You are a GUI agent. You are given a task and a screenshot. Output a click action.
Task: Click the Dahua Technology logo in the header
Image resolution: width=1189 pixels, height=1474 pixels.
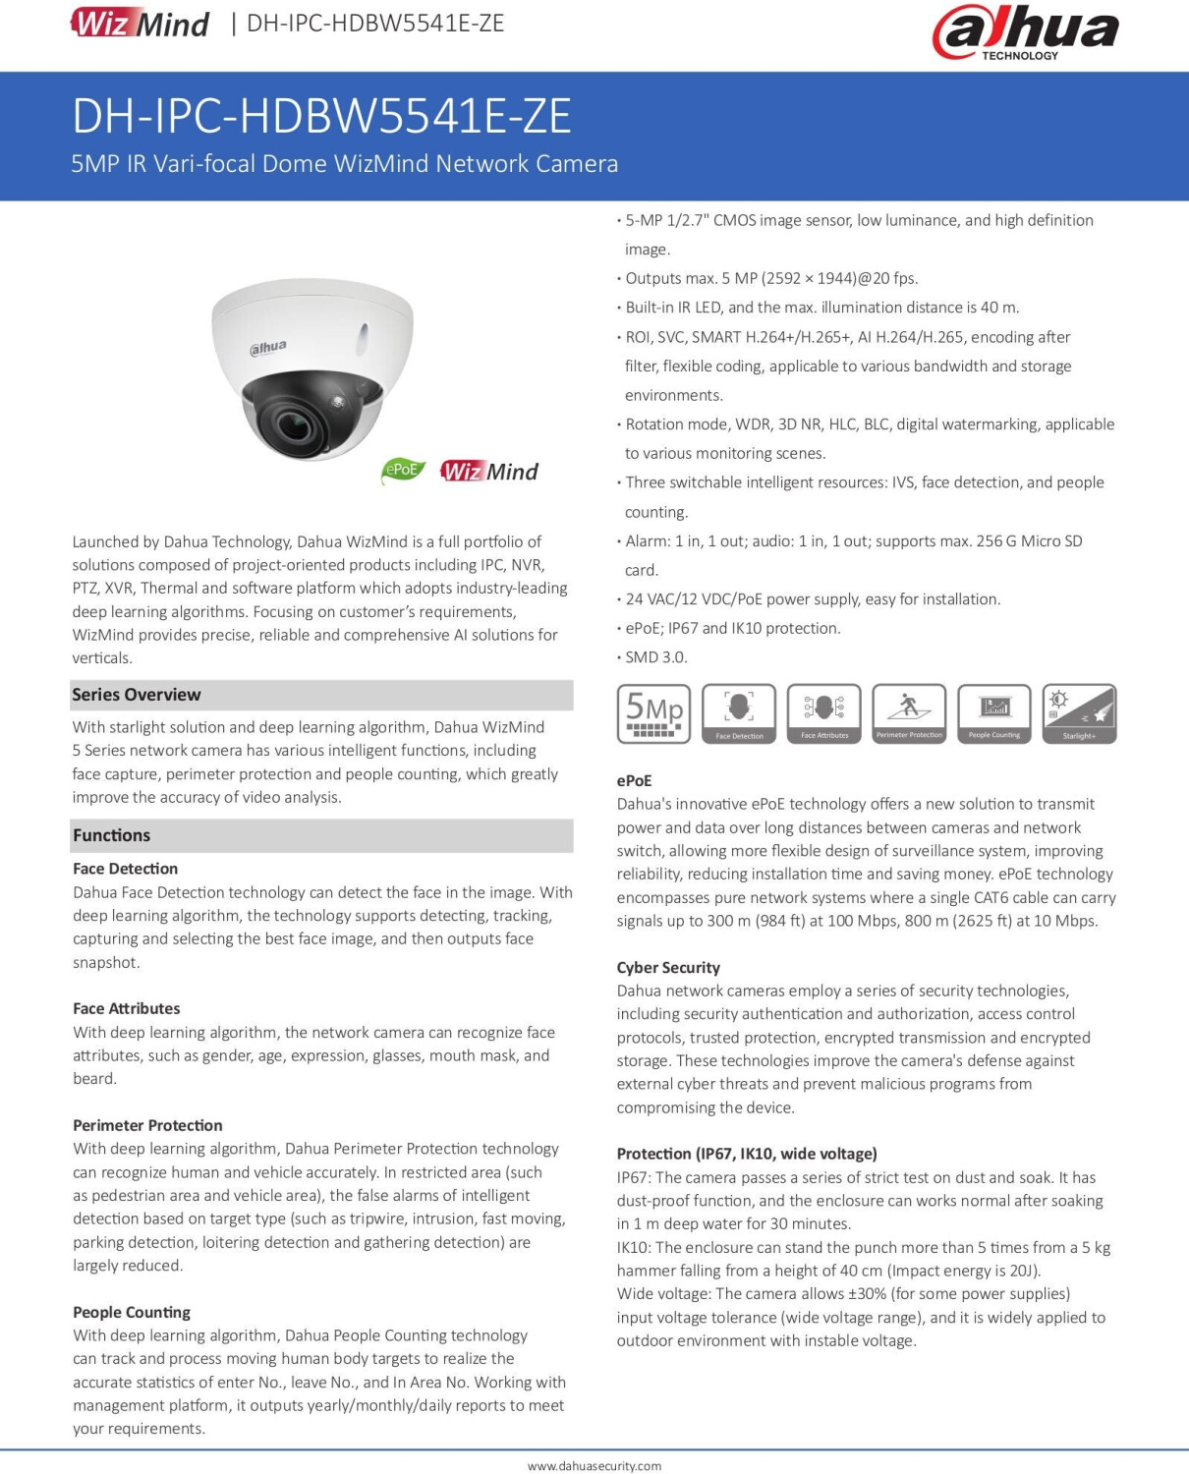[x=1024, y=31]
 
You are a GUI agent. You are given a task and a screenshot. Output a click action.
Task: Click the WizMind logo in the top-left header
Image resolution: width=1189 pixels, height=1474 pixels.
[x=140, y=23]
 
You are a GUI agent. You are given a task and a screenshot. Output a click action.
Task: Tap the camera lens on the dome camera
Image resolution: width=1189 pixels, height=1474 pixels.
[x=291, y=425]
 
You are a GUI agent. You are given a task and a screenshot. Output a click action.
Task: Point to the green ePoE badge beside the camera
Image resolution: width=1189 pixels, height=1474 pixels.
[x=402, y=470]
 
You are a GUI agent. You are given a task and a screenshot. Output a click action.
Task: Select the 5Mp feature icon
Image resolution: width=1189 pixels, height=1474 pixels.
[x=653, y=713]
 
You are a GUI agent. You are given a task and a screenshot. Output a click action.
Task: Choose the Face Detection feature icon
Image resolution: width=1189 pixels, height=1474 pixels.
[x=739, y=713]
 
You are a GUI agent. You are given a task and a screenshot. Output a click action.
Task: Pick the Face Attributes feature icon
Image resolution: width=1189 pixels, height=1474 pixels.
[x=823, y=713]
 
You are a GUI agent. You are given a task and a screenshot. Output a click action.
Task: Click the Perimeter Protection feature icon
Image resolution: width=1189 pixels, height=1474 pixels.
[x=909, y=713]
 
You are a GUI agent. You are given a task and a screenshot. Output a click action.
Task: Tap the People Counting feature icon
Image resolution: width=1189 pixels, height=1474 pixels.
[x=993, y=713]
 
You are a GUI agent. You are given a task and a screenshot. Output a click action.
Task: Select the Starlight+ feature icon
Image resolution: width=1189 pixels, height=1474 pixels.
[x=1079, y=713]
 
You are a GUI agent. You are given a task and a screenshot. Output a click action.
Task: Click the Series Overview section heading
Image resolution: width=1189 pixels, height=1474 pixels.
[x=137, y=695]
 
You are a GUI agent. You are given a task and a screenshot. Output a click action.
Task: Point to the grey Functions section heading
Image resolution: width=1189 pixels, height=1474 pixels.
[x=112, y=835]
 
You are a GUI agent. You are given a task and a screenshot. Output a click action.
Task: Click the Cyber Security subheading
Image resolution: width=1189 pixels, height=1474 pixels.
[x=668, y=968]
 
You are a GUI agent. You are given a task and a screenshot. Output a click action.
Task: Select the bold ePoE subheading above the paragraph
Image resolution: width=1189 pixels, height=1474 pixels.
[x=634, y=780]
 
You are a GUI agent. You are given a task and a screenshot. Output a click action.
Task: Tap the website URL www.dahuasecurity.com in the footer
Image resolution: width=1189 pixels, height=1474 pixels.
[x=594, y=1465]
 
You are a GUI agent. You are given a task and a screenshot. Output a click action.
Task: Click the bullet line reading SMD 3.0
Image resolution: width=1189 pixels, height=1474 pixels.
[x=655, y=657]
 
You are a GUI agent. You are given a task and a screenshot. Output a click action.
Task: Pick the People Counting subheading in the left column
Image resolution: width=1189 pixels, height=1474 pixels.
[x=132, y=1312]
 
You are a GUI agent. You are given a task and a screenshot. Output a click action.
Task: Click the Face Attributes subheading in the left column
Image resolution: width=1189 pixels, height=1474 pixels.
[x=127, y=1008]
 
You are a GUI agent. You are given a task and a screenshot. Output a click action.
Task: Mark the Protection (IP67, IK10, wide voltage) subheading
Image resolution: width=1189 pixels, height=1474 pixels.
[x=747, y=1154]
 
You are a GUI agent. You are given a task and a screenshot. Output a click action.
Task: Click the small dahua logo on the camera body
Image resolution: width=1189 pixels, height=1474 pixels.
[x=268, y=348]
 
